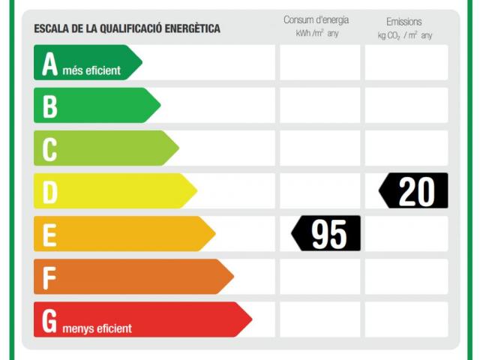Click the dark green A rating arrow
click(x=86, y=62)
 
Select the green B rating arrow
click(x=96, y=105)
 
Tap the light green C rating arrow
click(x=105, y=148)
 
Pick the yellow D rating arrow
click(x=114, y=190)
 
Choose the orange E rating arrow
click(x=124, y=234)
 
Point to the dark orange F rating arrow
click(x=133, y=277)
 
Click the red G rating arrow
click(x=142, y=319)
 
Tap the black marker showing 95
click(x=327, y=234)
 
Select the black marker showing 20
click(x=415, y=190)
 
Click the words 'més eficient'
click(x=91, y=71)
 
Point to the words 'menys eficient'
click(x=97, y=328)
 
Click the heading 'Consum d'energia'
click(x=316, y=20)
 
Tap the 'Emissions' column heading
click(x=404, y=22)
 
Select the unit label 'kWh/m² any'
click(x=316, y=34)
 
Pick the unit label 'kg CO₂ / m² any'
click(x=405, y=35)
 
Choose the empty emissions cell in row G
click(x=406, y=319)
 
